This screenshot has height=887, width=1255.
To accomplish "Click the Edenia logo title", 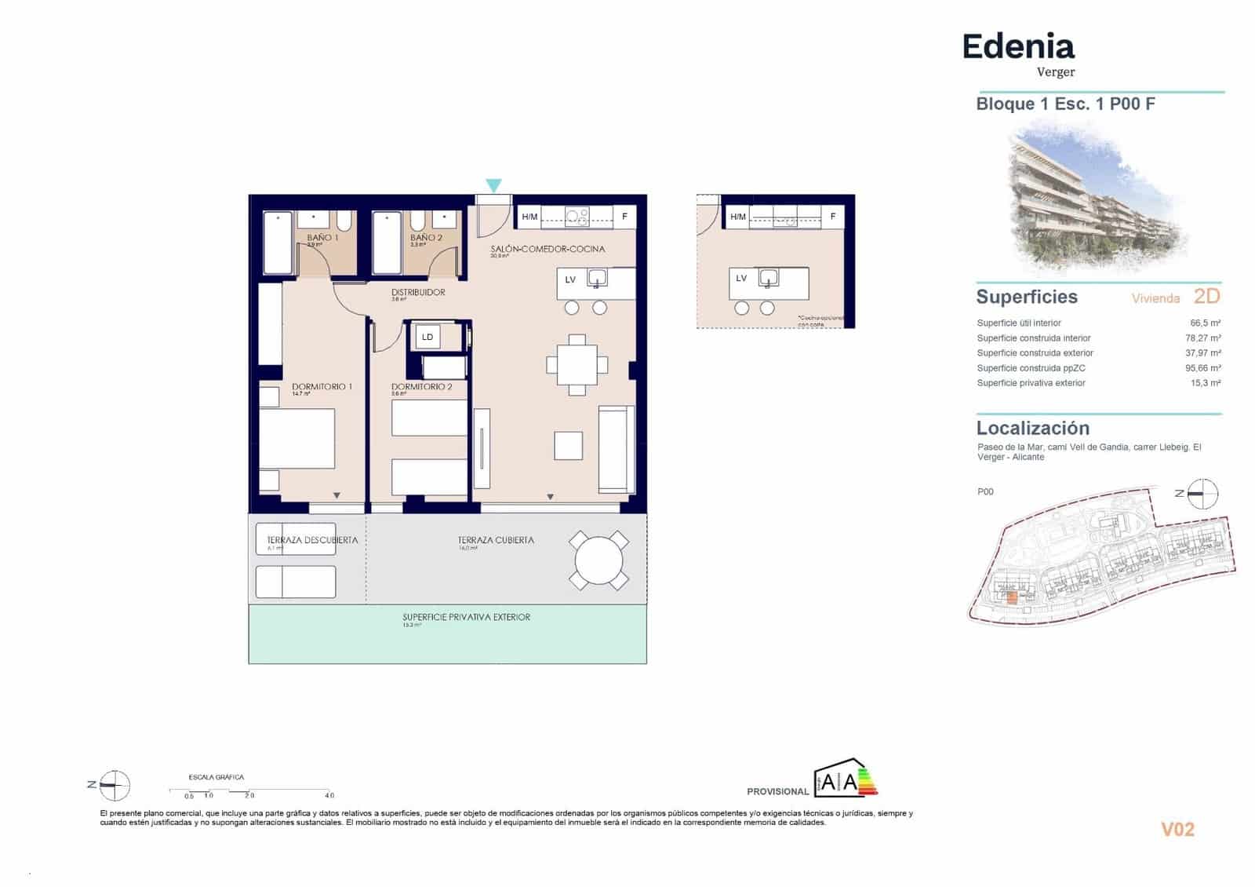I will [x=1018, y=47].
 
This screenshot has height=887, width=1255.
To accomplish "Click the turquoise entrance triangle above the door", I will [x=493, y=186].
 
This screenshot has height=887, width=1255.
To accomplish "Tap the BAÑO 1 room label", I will [x=322, y=237].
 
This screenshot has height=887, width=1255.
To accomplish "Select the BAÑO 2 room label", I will [x=426, y=237].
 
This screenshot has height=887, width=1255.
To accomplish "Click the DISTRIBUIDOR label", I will [x=418, y=292].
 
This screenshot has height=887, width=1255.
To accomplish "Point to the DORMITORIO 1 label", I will [x=322, y=387].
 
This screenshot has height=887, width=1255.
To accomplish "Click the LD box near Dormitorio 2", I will [x=427, y=337].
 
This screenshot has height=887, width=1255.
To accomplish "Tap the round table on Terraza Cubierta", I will [x=598, y=560].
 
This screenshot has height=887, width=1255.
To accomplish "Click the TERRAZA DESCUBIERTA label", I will [x=312, y=540].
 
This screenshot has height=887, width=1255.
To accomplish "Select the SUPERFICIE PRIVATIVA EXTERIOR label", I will [x=467, y=617].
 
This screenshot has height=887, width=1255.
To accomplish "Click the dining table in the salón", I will [x=577, y=364].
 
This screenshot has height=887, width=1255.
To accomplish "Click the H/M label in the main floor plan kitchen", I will [x=530, y=217].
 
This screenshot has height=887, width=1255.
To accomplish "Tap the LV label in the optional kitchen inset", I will [x=741, y=278].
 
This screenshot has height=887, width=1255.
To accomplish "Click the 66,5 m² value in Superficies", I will [x=1205, y=323].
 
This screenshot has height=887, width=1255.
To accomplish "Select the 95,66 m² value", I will [x=1202, y=368].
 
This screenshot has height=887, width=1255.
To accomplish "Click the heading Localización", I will [x=1032, y=428].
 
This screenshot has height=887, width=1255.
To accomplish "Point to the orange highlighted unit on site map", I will [x=1012, y=597].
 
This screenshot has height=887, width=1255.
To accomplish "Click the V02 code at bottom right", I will [x=1177, y=829].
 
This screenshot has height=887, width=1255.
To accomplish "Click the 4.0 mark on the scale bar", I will [x=329, y=795].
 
